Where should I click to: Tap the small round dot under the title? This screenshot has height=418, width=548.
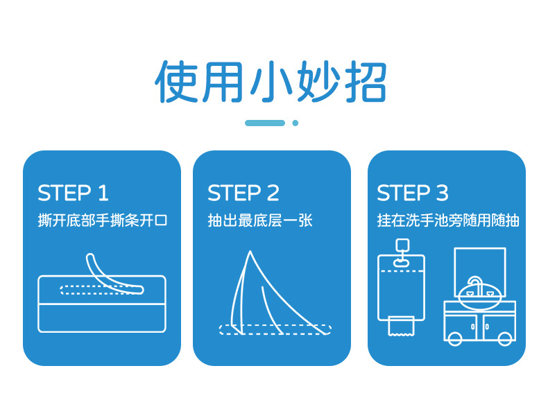295,123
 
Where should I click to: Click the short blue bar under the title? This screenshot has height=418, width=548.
265,123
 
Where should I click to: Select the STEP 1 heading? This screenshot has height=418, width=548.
73,193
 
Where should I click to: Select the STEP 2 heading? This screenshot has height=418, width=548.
243,193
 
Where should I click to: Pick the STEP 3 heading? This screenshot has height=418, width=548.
413,193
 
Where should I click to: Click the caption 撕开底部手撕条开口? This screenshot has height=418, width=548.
103,220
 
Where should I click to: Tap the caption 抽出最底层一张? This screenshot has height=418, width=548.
260,220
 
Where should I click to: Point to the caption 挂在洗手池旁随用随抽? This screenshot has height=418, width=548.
448,220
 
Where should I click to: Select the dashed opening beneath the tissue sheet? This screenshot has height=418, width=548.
274,329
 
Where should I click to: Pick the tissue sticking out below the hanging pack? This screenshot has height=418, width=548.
400,326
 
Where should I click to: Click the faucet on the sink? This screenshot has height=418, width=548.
474,284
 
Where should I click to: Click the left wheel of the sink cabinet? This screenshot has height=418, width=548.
455,338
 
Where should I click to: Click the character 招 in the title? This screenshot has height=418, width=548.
363,82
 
